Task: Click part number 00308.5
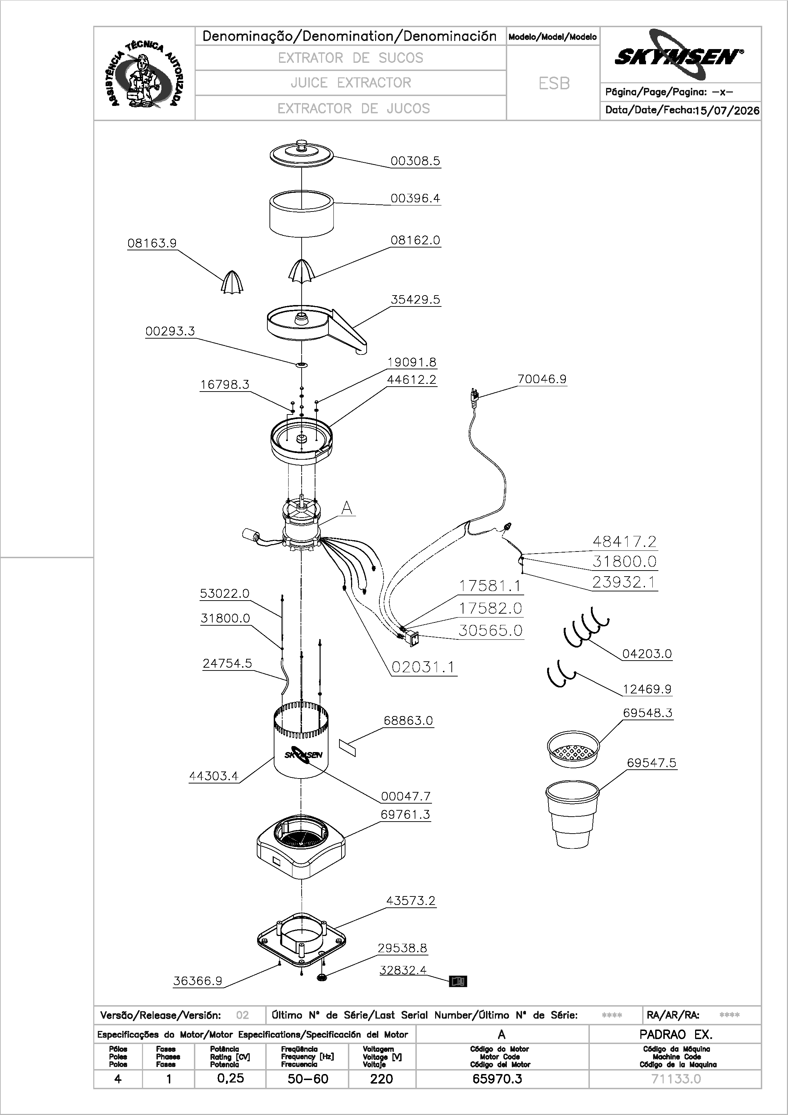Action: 415,161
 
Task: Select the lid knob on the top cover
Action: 302,145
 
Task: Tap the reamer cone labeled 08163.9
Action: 232,283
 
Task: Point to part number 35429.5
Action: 415,300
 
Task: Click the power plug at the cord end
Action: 475,395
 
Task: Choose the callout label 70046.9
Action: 542,379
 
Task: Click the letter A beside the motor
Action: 346,508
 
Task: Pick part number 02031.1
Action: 423,667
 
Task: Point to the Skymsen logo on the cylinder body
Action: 303,755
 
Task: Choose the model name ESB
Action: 554,84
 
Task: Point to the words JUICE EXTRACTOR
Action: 351,83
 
